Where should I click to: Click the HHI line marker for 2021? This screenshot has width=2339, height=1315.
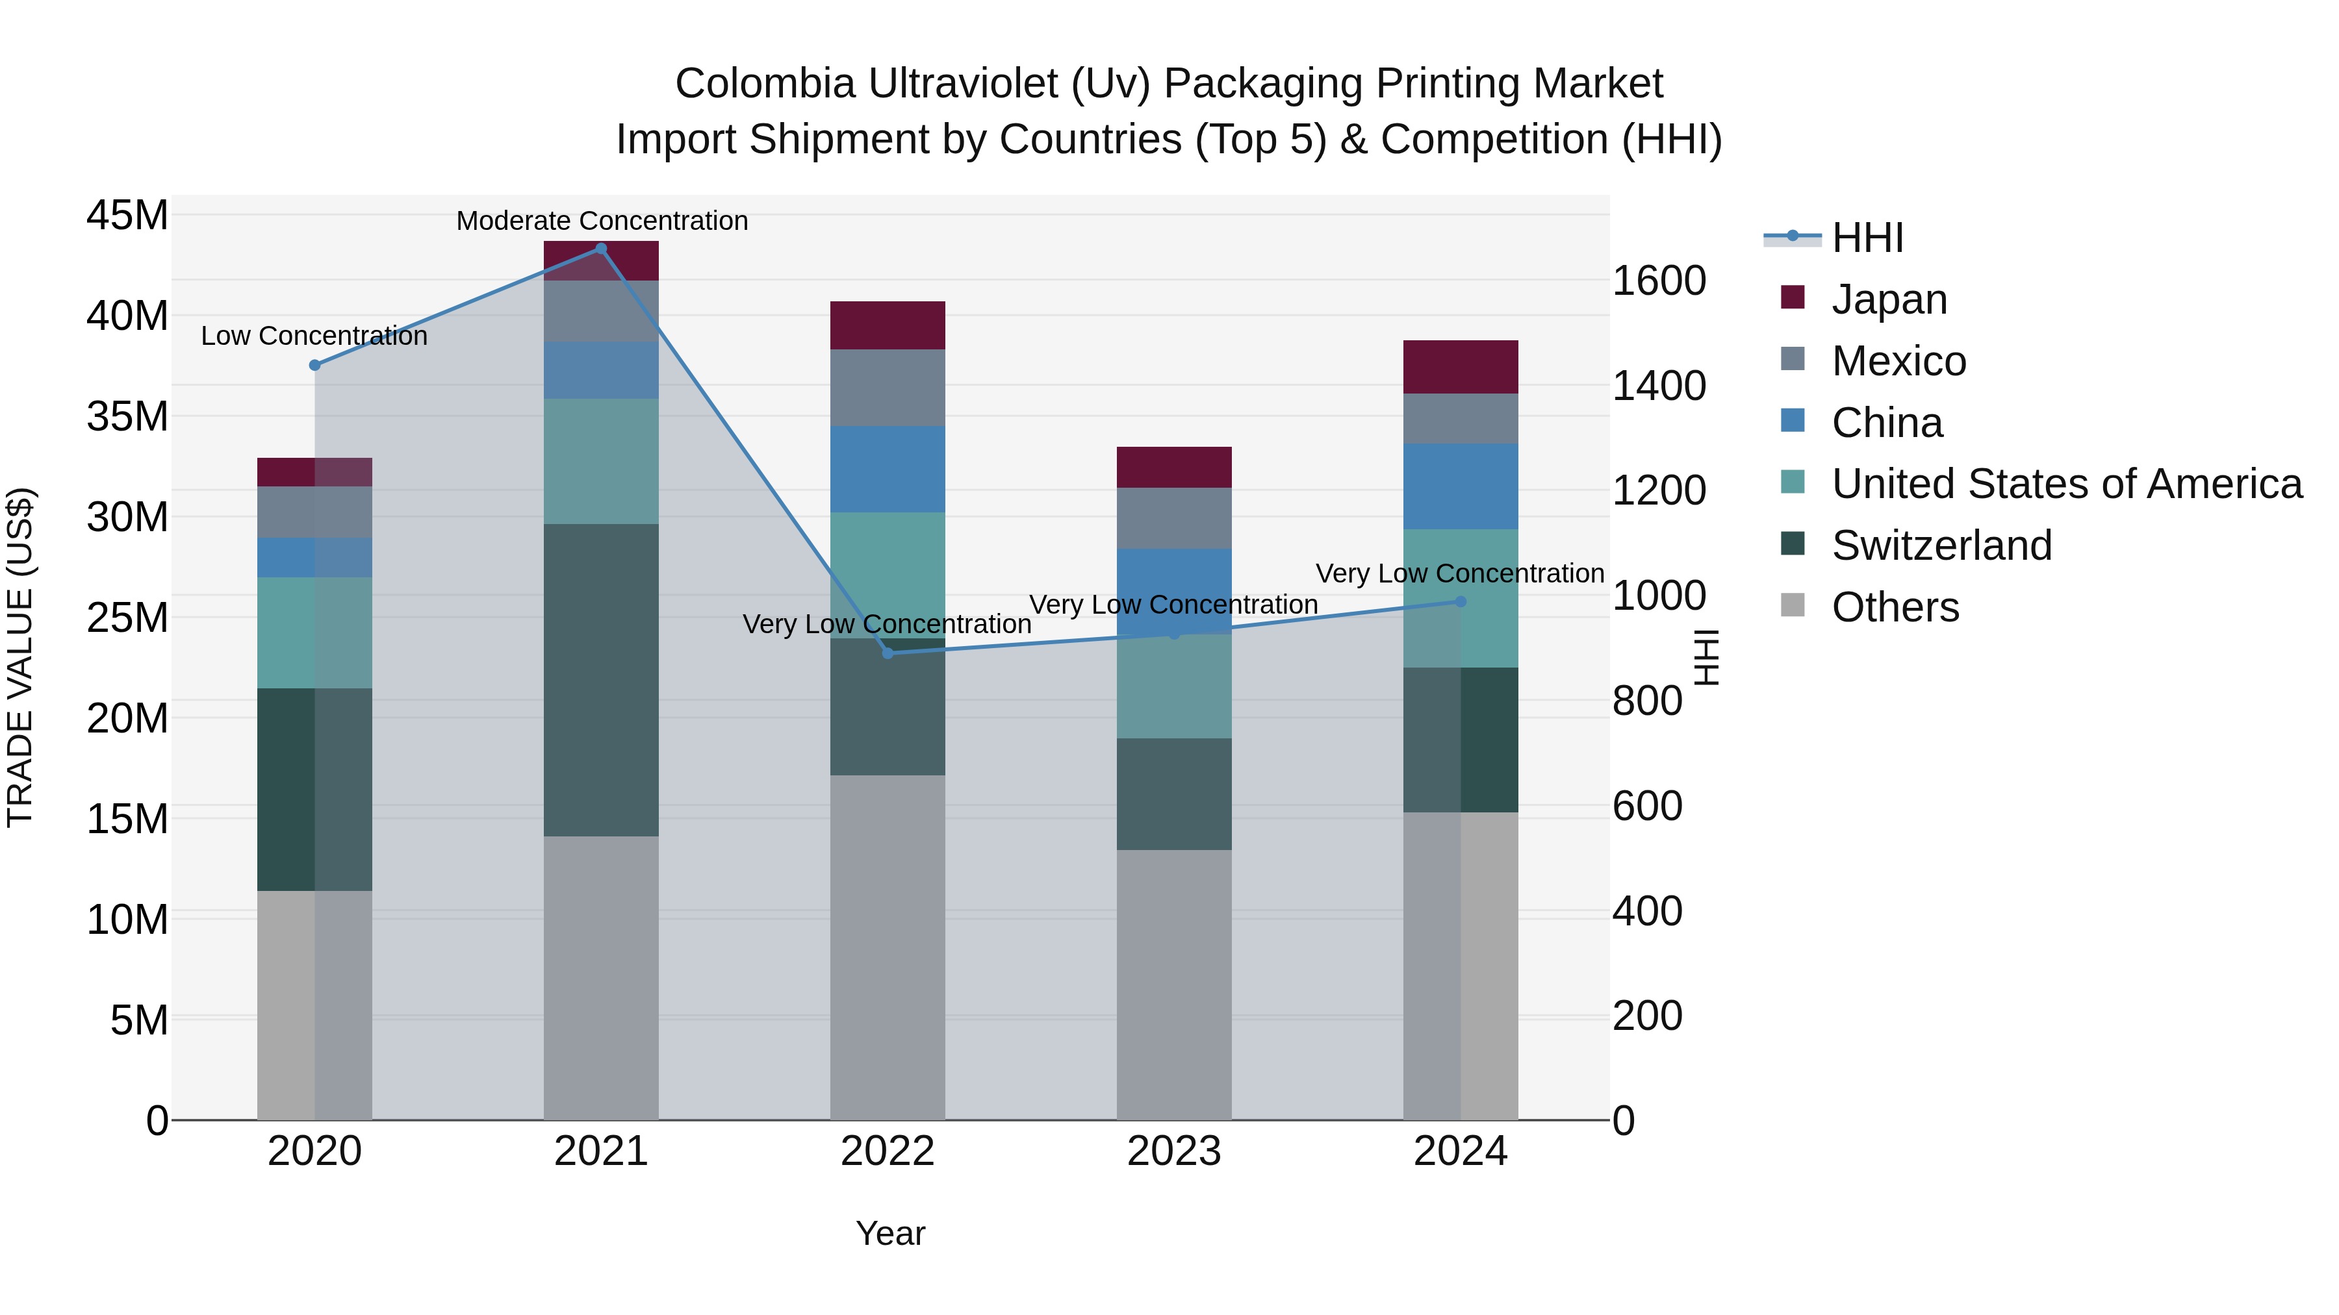coord(601,249)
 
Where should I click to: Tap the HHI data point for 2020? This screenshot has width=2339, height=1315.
coord(315,366)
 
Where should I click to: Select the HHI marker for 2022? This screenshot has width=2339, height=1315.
coord(888,653)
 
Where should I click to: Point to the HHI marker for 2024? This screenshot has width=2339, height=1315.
coord(1460,602)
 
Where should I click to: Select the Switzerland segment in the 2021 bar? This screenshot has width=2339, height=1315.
coord(601,680)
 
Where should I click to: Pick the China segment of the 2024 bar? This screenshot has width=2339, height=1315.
coord(1460,486)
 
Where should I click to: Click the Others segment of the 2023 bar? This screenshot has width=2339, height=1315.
coord(1173,984)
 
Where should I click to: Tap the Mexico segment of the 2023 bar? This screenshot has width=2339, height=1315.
coord(1173,518)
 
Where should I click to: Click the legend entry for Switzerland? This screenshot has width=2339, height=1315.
coord(1941,545)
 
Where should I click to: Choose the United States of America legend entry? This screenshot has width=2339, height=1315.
coord(2067,484)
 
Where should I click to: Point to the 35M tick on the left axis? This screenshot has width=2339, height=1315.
coord(127,416)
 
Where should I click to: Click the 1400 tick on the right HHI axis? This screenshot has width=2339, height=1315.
coord(1658,386)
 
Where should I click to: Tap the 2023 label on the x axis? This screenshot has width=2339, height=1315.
coord(1173,1151)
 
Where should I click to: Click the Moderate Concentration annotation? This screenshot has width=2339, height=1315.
coord(602,221)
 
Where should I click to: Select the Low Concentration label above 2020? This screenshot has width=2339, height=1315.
coord(314,336)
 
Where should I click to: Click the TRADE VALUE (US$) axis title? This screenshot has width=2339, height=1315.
coord(20,657)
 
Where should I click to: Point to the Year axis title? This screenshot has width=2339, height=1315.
coord(890,1233)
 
